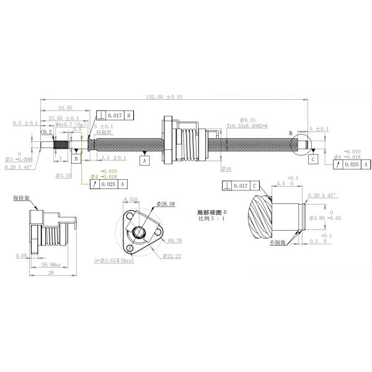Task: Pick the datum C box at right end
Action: [x=314, y=159]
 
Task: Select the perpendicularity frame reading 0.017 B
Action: [x=115, y=115]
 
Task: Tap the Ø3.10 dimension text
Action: [x=64, y=175]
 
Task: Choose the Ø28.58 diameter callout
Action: [x=167, y=203]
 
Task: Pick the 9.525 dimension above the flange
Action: [x=131, y=199]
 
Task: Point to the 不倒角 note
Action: [x=278, y=243]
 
